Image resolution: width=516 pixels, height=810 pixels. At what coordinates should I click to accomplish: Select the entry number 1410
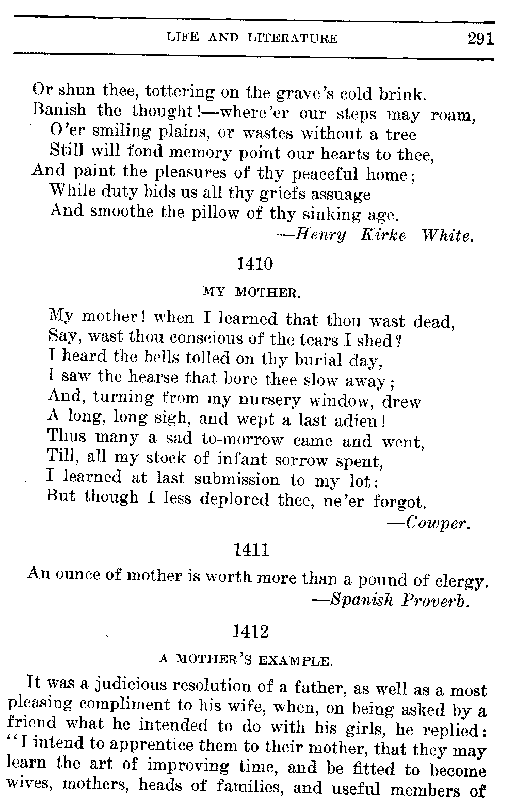pyautogui.click(x=254, y=264)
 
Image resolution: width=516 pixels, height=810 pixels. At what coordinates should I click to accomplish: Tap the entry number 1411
pyautogui.click(x=251, y=550)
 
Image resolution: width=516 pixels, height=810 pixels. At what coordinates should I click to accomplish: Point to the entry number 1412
pyautogui.click(x=251, y=631)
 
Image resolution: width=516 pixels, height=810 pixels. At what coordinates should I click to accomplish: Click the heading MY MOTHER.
pyautogui.click(x=251, y=293)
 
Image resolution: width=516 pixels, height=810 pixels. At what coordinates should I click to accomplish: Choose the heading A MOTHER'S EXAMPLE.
pyautogui.click(x=245, y=659)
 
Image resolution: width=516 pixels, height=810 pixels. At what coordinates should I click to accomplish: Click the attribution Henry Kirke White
pyautogui.click(x=375, y=236)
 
